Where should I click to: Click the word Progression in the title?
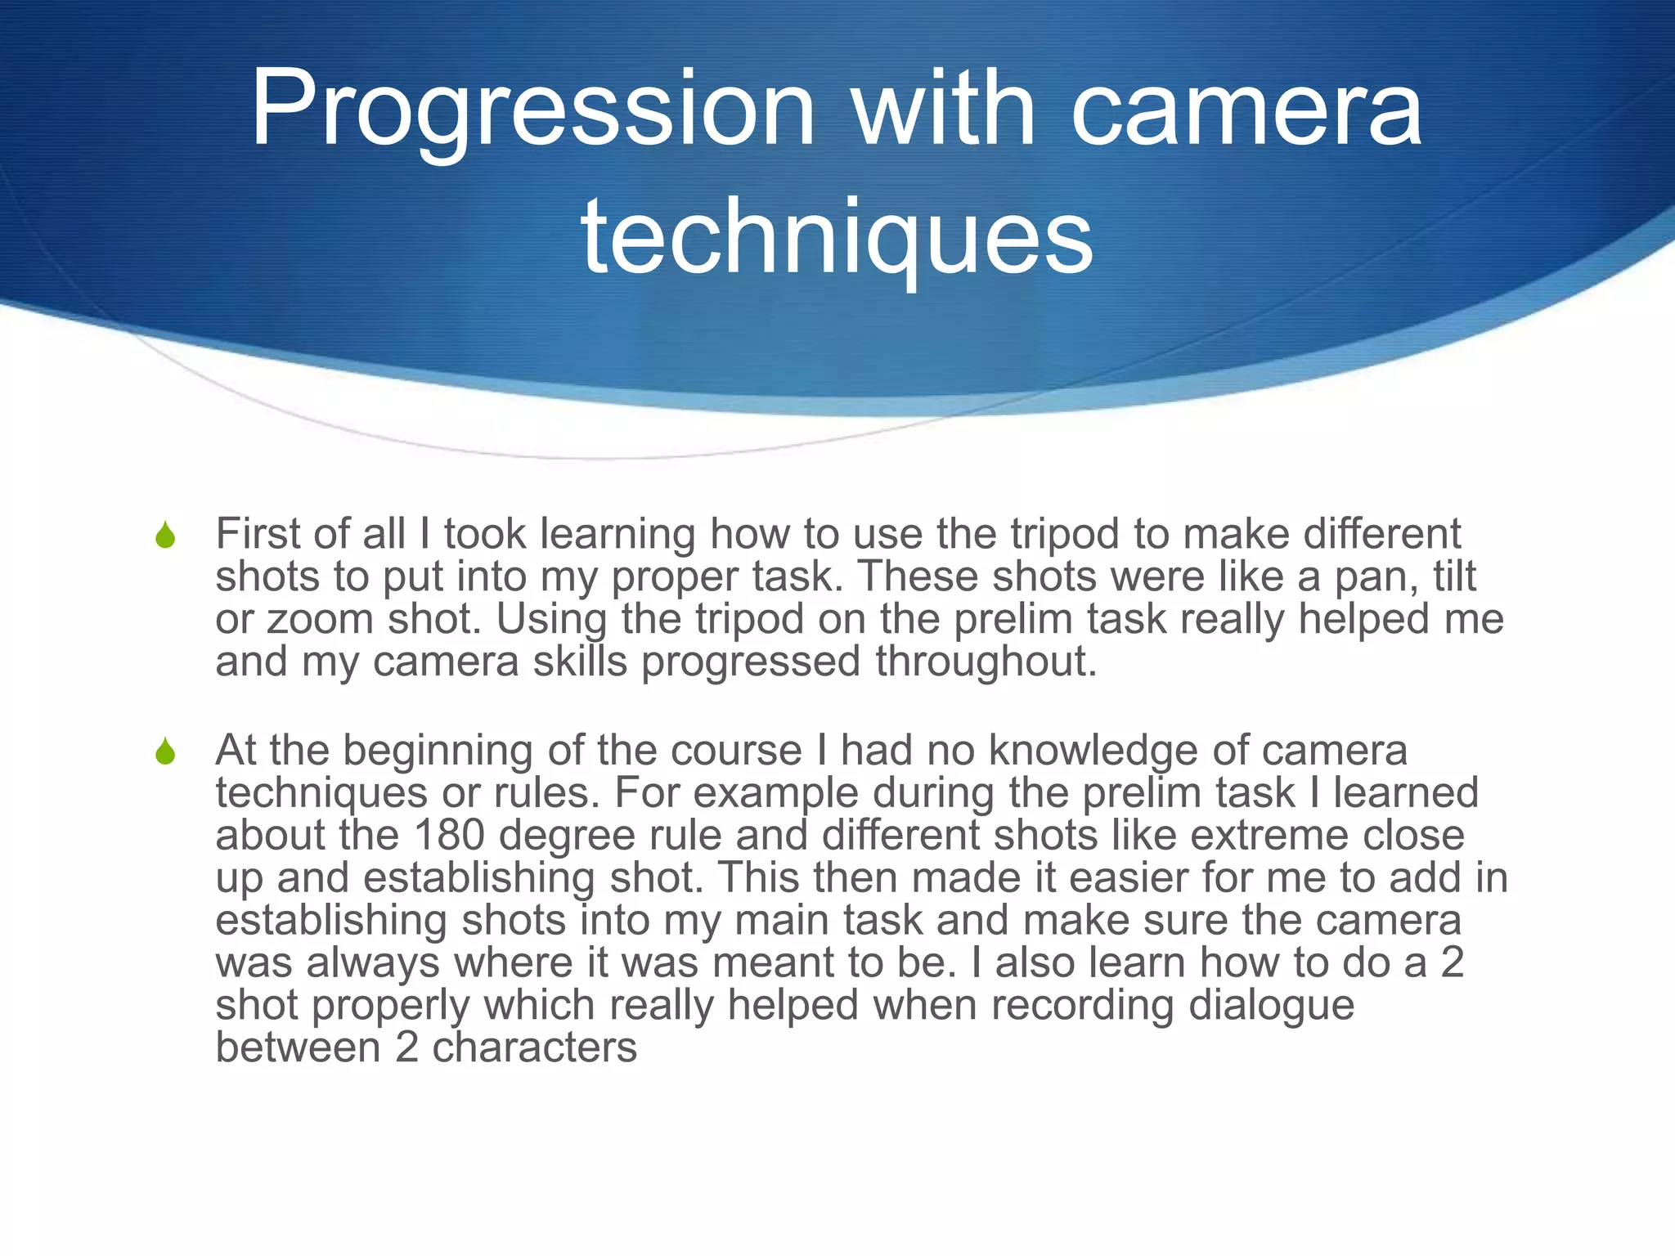click(x=532, y=110)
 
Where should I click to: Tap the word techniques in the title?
click(x=837, y=237)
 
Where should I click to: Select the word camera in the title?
click(x=1246, y=110)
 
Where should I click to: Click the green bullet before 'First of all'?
click(x=165, y=536)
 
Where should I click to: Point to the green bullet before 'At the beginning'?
click(x=165, y=751)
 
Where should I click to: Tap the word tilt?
click(x=1455, y=576)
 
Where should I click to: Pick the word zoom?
click(x=320, y=619)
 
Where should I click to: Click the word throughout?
click(x=986, y=662)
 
